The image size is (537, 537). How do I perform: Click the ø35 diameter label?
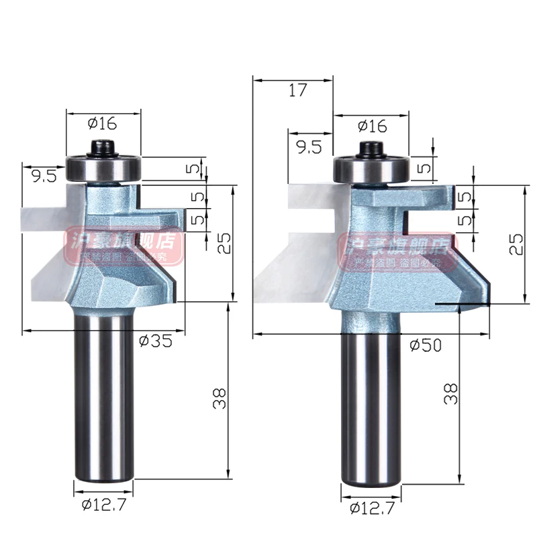pyautogui.click(x=156, y=340)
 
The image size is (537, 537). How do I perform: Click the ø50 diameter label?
pyautogui.click(x=425, y=344)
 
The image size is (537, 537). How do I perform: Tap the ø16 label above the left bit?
pyautogui.click(x=103, y=123)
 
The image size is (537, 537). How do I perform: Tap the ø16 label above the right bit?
pyautogui.click(x=372, y=126)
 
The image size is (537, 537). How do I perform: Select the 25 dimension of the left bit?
pyautogui.click(x=224, y=242)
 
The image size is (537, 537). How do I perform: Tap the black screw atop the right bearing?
pyautogui.click(x=371, y=146)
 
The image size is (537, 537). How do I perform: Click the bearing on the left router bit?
pyautogui.click(x=103, y=166)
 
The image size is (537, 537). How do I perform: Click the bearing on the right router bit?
pyautogui.click(x=371, y=167)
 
